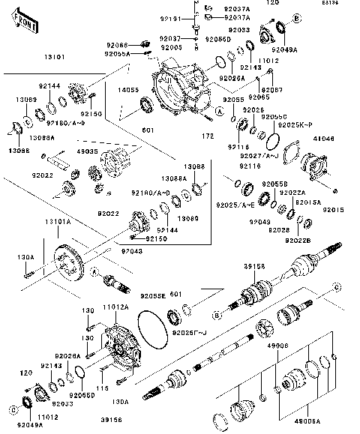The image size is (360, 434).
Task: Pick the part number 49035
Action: point(86,151)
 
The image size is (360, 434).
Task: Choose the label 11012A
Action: point(115,307)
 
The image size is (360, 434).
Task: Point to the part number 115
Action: point(103,387)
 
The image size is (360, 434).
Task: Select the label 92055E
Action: point(150,296)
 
